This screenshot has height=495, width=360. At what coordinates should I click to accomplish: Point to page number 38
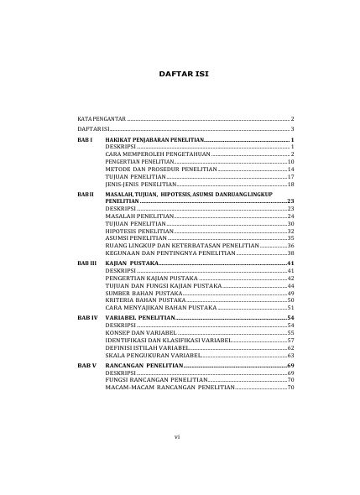290,253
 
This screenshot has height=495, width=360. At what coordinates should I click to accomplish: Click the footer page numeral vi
178,461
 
